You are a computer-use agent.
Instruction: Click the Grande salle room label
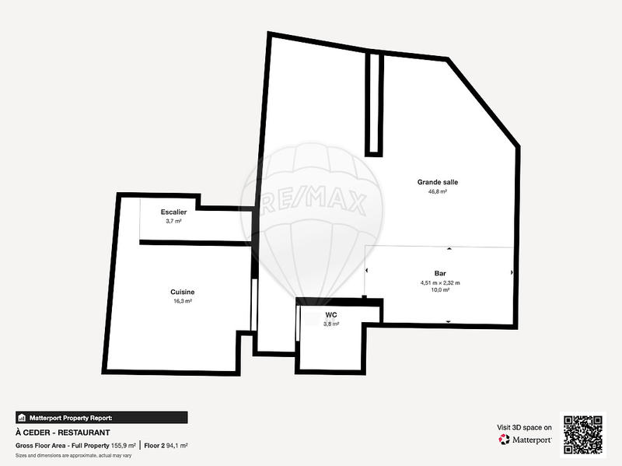coord(438,182)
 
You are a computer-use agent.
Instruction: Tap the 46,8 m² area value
coord(438,191)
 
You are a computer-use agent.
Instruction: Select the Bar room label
coord(440,274)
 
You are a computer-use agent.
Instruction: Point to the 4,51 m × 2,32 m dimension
coord(440,283)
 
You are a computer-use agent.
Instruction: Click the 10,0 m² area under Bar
coord(440,290)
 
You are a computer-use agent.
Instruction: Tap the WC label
coord(331,315)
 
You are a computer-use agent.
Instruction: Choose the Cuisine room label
coord(183,293)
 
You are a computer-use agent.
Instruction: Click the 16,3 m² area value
coord(183,301)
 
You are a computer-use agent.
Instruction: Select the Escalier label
coord(173,212)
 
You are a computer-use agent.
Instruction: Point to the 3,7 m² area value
coord(173,221)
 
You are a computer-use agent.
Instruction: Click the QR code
coord(583,435)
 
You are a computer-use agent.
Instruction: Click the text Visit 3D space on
coord(524,428)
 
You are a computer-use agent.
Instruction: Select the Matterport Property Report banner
coord(102,418)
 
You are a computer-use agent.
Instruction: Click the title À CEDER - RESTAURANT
coord(63,433)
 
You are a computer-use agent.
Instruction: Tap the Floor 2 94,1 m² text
coord(166,446)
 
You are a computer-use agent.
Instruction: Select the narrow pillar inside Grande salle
coord(374,103)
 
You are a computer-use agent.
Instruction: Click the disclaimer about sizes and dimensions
coord(73,456)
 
